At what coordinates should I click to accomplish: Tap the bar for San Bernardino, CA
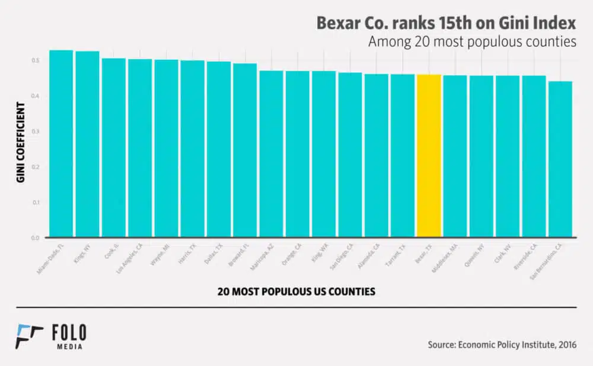click(x=560, y=160)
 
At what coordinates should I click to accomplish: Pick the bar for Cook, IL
click(x=113, y=148)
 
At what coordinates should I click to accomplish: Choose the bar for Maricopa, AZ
click(x=271, y=154)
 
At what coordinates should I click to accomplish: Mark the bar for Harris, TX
click(x=192, y=149)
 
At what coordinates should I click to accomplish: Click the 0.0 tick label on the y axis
click(x=36, y=238)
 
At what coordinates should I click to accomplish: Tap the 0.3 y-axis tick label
click(x=36, y=131)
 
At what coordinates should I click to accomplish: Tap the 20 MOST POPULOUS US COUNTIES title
click(x=296, y=292)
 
